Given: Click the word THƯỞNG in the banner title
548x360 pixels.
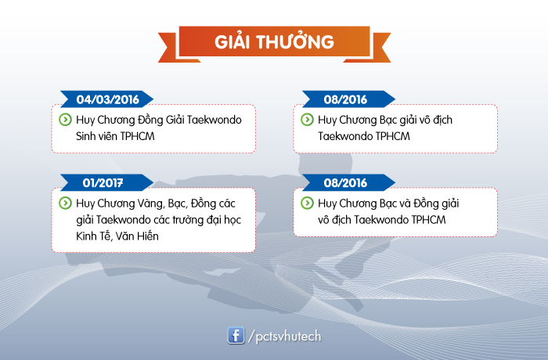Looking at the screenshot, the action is (x=295, y=41).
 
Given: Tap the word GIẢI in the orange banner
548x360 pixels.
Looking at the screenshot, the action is (x=232, y=42).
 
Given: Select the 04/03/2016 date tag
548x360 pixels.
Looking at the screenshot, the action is (x=107, y=99).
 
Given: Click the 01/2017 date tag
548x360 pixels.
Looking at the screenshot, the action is (x=107, y=182).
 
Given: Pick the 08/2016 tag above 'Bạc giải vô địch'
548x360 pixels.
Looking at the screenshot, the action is (x=348, y=99).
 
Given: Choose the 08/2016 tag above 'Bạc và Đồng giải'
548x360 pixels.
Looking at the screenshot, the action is (x=348, y=182).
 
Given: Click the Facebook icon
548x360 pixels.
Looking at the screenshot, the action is (x=236, y=336).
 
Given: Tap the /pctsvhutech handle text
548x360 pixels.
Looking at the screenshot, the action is (x=284, y=337).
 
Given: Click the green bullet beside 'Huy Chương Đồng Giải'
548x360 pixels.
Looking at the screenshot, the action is (x=65, y=120).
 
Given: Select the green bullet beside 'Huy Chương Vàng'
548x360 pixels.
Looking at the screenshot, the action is (x=65, y=203).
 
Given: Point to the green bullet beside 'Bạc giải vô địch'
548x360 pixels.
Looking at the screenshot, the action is (x=307, y=120).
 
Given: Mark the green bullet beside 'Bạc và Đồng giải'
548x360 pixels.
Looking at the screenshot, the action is (x=307, y=203).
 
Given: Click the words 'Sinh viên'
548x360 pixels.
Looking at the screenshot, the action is (x=96, y=136).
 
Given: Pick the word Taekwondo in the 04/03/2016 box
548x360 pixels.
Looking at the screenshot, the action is (x=215, y=120).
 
